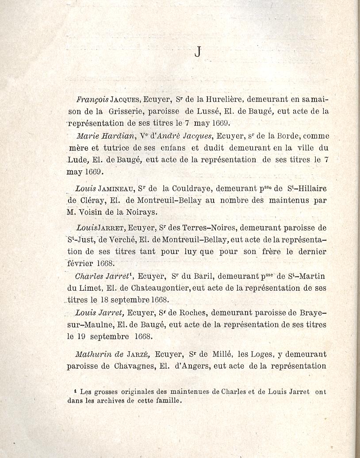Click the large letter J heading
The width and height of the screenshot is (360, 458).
(197, 52)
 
